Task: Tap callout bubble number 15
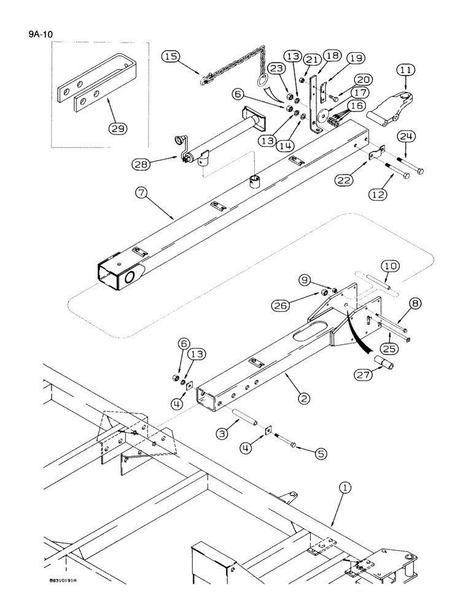click(x=171, y=56)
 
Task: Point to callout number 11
click(x=405, y=71)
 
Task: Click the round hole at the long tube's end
click(x=131, y=278)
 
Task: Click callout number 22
click(x=344, y=179)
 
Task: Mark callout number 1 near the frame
click(x=345, y=488)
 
